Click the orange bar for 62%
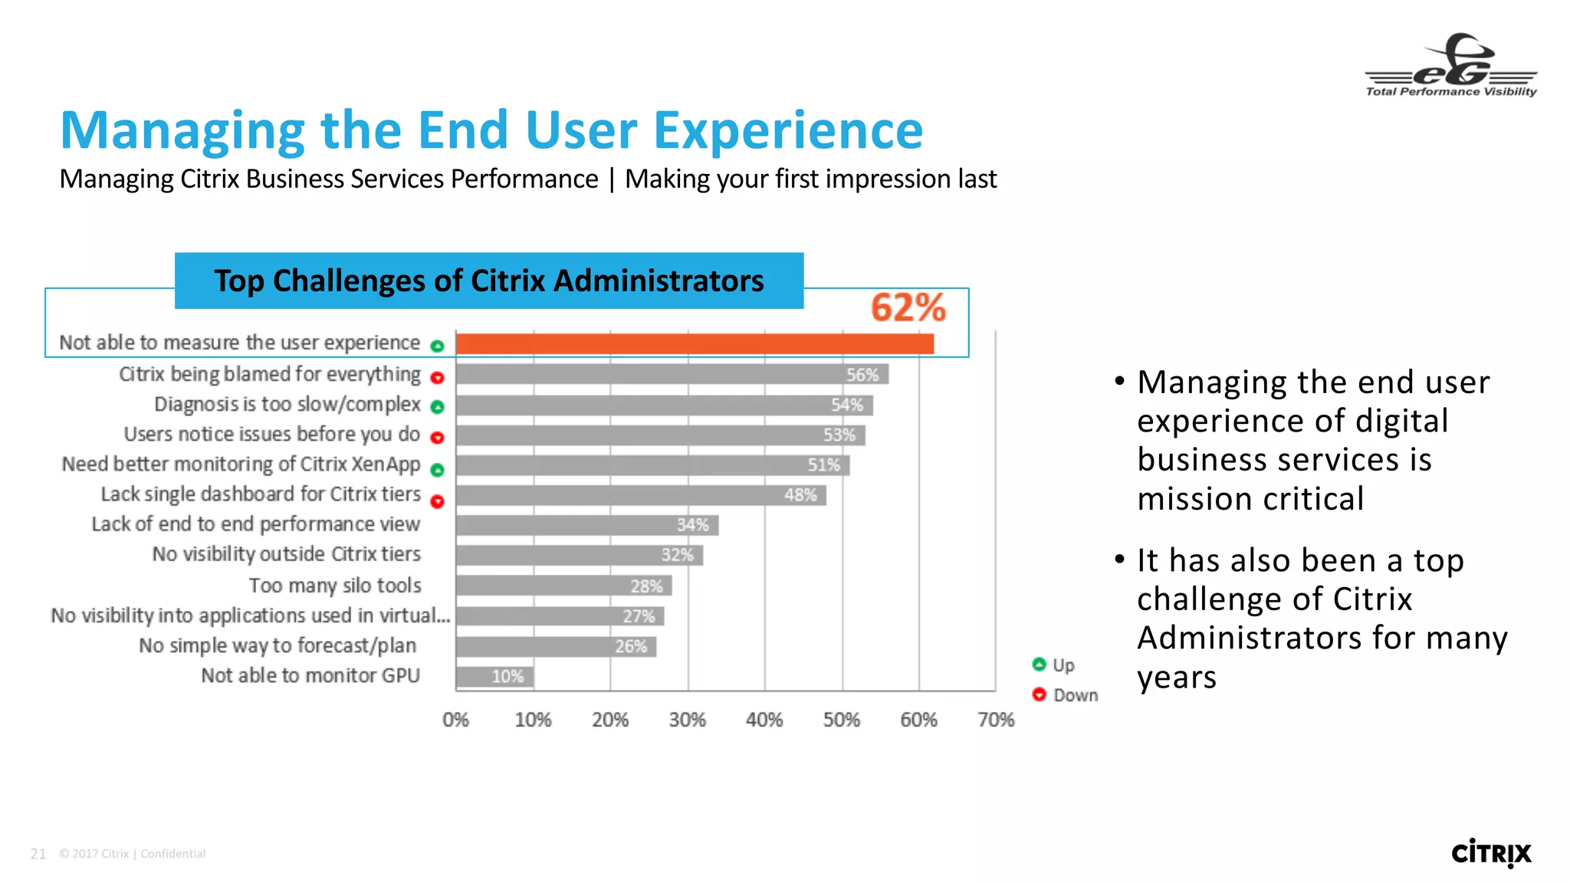pyautogui.click(x=694, y=344)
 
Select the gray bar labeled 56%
pyautogui.click(x=672, y=375)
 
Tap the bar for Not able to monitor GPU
pyautogui.click(x=494, y=677)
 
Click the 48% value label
pyautogui.click(x=800, y=495)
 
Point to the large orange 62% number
pyautogui.click(x=908, y=308)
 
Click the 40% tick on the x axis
pyautogui.click(x=764, y=720)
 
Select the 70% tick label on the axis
pyautogui.click(x=996, y=720)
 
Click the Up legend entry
pyautogui.click(x=1054, y=665)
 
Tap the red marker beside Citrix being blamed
pyautogui.click(x=437, y=377)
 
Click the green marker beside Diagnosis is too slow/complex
pyautogui.click(x=437, y=407)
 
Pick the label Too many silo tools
pyautogui.click(x=335, y=586)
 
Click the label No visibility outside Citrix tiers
pyautogui.click(x=287, y=554)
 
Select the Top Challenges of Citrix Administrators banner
pyautogui.click(x=489, y=281)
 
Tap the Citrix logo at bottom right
pyautogui.click(x=1491, y=853)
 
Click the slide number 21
pyautogui.click(x=38, y=854)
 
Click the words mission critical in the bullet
pyautogui.click(x=1250, y=499)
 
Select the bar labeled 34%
pyautogui.click(x=586, y=525)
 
